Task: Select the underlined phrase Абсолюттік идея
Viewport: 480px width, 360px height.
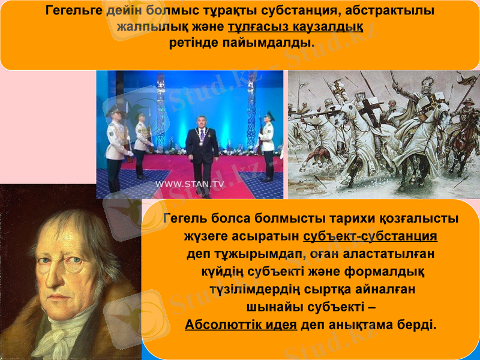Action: (x=241, y=325)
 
